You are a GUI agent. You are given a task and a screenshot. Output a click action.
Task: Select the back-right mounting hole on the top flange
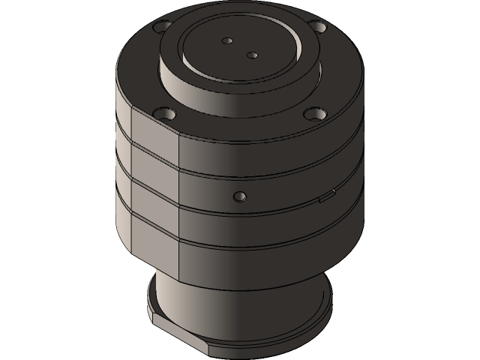(x=319, y=27)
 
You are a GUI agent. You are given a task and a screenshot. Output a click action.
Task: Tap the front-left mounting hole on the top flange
(x=166, y=115)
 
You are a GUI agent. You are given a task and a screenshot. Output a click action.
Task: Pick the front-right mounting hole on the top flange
(x=313, y=114)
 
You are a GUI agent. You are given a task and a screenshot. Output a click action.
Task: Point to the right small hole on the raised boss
(x=252, y=53)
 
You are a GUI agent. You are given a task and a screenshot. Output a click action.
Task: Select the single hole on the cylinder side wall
(x=239, y=196)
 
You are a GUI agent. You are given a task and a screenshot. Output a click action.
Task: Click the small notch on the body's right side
(x=326, y=199)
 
